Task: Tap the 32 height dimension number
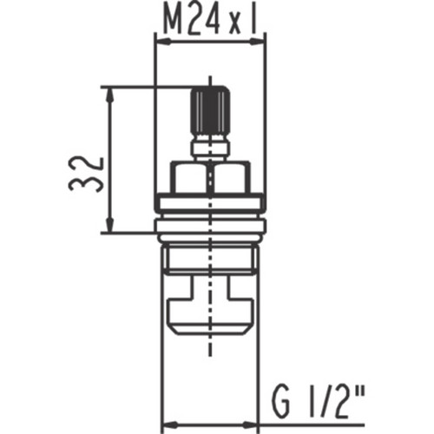[x=86, y=174]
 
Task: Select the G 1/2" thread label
[x=319, y=404]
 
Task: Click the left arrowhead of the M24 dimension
[x=162, y=42]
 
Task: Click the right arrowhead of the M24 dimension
[x=258, y=42]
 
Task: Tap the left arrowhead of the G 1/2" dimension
[x=168, y=425]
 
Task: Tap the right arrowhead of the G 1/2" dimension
[x=250, y=425]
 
